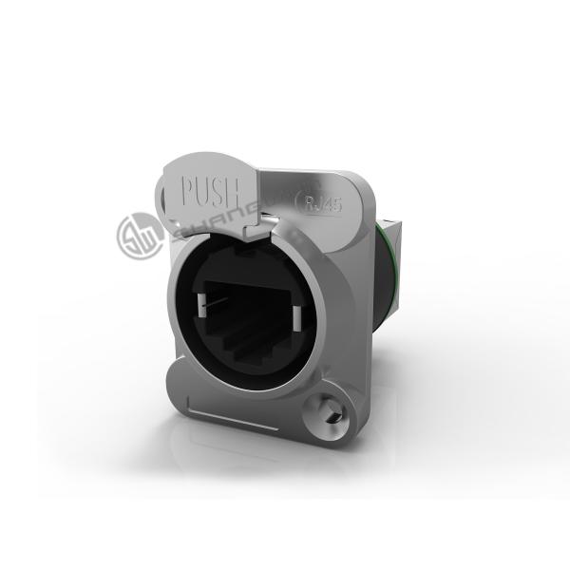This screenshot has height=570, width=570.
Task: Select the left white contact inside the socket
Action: click(201, 310)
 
